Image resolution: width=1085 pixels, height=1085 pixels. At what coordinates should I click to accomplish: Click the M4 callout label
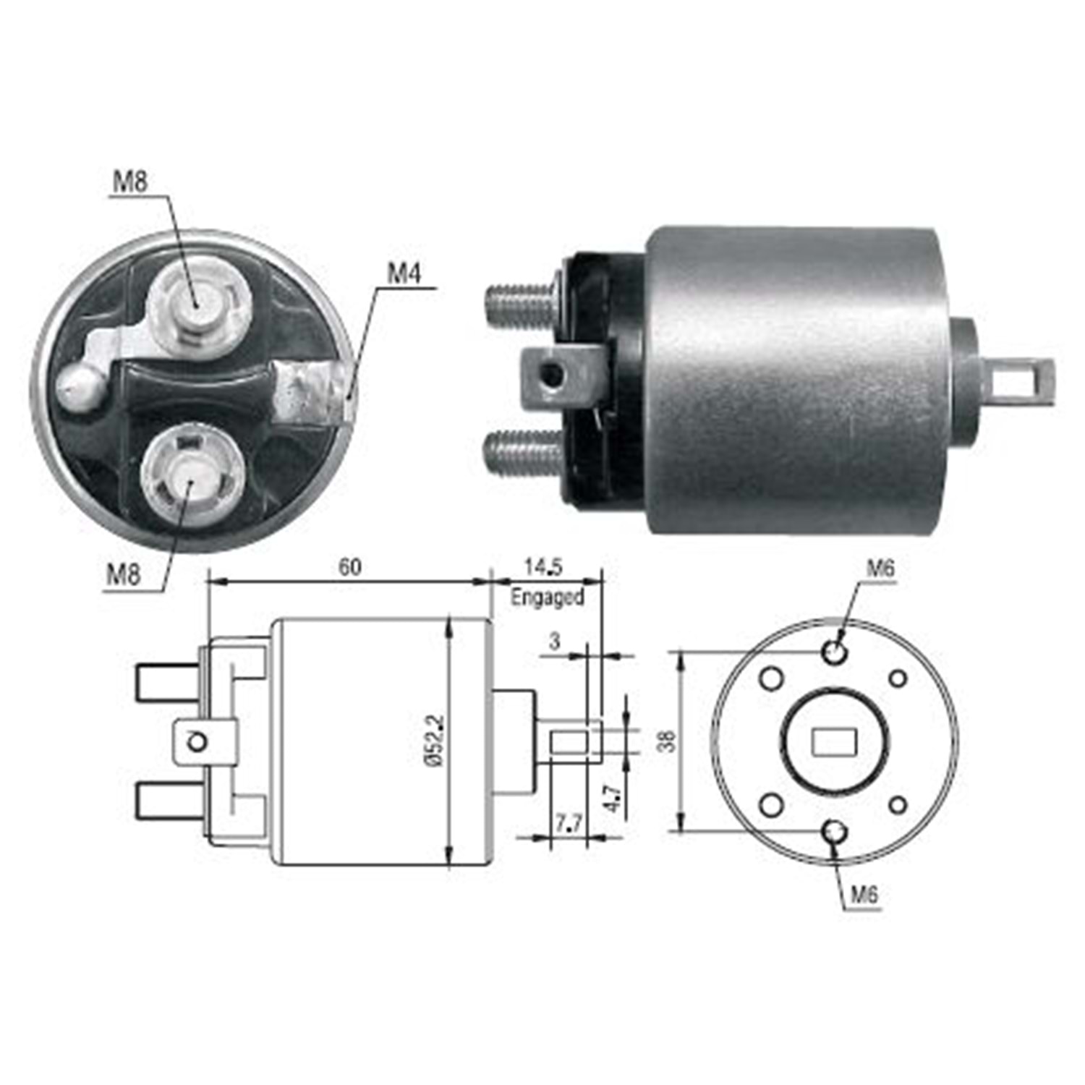click(x=404, y=273)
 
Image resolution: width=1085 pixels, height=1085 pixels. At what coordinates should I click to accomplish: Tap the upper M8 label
click(x=130, y=181)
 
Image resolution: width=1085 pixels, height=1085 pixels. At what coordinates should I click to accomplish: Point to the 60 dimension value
click(x=350, y=566)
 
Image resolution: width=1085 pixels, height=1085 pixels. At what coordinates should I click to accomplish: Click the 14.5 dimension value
click(x=544, y=566)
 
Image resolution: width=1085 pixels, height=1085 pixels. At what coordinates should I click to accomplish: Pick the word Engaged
click(x=548, y=597)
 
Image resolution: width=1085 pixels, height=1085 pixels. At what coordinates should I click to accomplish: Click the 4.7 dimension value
click(x=614, y=796)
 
